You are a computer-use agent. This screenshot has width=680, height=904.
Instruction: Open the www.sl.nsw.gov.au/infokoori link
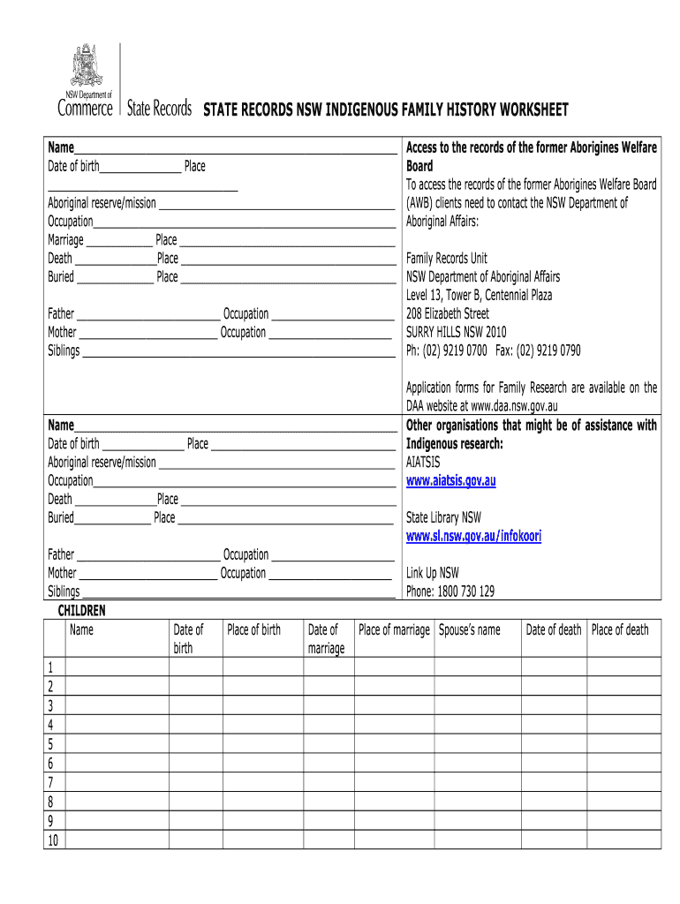point(473,536)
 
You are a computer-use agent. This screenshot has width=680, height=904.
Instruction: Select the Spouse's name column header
point(469,629)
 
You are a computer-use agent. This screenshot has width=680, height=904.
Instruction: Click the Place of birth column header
point(253,629)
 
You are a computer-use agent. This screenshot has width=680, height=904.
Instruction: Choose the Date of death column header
point(554,629)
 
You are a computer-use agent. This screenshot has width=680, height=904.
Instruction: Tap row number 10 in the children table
point(53,840)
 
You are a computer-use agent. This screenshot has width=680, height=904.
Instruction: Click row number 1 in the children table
point(51,667)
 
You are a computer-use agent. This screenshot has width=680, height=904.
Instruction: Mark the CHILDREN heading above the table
point(81,610)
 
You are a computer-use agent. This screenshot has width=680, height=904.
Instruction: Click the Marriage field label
point(65,240)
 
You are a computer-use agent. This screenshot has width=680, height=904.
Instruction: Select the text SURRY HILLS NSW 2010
point(456,333)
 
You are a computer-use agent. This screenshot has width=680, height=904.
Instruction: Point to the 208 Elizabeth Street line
point(447,314)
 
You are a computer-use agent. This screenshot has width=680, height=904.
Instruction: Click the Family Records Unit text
point(446,259)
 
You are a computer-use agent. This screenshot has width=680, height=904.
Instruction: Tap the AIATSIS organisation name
point(423,462)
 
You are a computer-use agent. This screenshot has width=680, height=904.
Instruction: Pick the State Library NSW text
point(443,517)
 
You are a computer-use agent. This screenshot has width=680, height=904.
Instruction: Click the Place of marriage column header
point(394,629)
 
